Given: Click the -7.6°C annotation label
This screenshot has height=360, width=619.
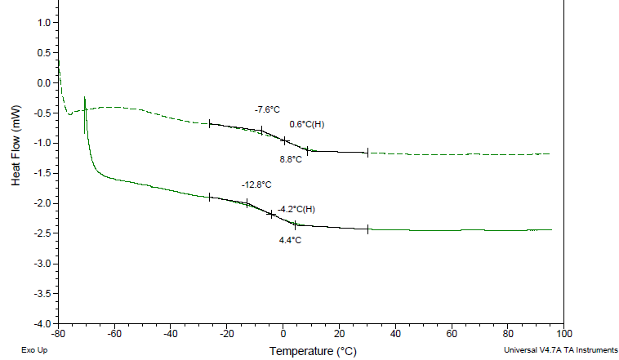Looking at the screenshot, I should click(x=267, y=109).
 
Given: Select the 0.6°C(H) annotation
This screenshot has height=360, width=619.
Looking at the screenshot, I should click(x=307, y=124).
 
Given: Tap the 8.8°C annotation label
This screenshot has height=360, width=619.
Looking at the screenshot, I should click(x=291, y=159).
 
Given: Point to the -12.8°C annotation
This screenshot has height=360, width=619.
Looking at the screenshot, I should click(x=256, y=184).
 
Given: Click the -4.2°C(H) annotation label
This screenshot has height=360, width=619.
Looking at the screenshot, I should click(x=296, y=210).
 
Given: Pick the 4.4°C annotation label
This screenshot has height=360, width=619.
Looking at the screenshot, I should click(x=290, y=240).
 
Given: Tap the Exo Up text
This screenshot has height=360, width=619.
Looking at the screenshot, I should click(x=33, y=350).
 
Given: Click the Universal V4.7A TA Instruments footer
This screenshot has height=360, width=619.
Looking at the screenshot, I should click(x=561, y=350).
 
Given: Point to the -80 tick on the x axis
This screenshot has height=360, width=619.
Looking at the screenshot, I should click(x=58, y=333).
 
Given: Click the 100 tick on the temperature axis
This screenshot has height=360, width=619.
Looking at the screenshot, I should click(x=563, y=333).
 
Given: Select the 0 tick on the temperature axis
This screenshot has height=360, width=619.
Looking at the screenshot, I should click(x=283, y=333).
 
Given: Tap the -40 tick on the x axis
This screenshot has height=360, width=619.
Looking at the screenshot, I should click(x=171, y=333).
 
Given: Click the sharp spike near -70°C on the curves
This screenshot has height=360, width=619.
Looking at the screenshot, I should click(x=85, y=100).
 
